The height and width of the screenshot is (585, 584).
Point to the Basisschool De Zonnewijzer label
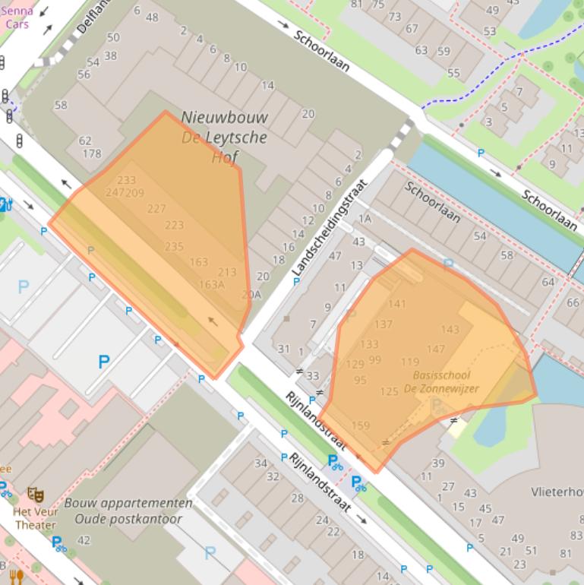441,381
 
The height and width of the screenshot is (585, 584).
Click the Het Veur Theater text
35,518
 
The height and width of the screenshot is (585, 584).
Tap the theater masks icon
35,495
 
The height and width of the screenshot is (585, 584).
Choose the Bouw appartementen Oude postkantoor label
128,511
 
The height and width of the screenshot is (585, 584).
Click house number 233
127,180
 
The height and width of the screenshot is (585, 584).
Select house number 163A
211,285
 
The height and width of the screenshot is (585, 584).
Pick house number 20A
251,295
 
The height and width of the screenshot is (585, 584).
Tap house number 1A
365,219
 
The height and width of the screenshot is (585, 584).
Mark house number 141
396,304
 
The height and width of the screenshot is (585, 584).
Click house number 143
450,330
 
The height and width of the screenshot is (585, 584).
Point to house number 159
360,425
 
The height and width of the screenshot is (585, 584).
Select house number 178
91,153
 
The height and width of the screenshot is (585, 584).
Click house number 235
174,246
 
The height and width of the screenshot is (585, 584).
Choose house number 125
389,392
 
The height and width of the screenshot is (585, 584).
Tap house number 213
227,272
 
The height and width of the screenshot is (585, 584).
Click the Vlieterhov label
557,492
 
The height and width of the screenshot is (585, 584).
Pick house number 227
156,209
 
